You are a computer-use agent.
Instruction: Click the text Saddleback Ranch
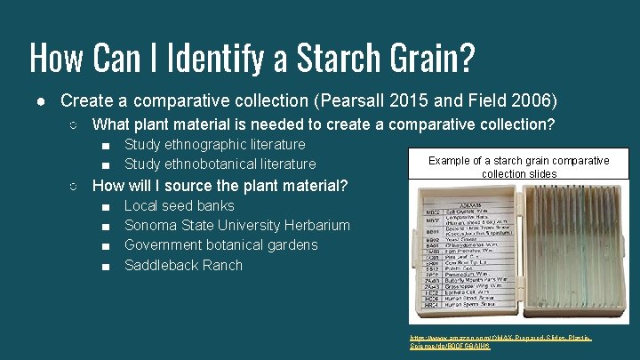pos(183,265)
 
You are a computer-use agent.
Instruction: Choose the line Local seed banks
pos(180,205)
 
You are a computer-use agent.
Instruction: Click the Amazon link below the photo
pos(501,342)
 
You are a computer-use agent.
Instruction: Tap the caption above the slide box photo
pos(518,167)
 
